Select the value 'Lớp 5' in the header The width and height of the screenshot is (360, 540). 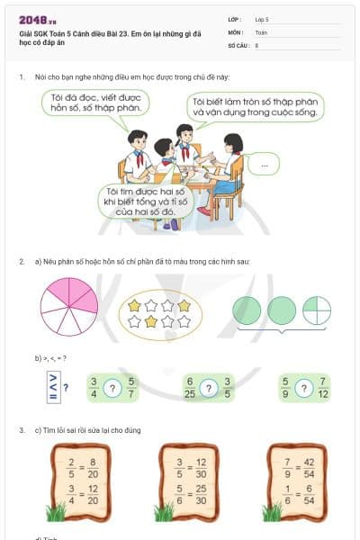point(263,18)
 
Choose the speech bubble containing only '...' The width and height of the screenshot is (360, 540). point(263,165)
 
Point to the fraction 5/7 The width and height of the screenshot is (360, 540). point(130,388)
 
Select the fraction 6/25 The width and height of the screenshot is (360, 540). point(189,388)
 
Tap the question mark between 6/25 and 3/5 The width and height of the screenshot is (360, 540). point(209,388)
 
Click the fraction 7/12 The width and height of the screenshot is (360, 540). point(323,388)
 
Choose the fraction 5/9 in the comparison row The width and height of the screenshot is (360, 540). point(284,388)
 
